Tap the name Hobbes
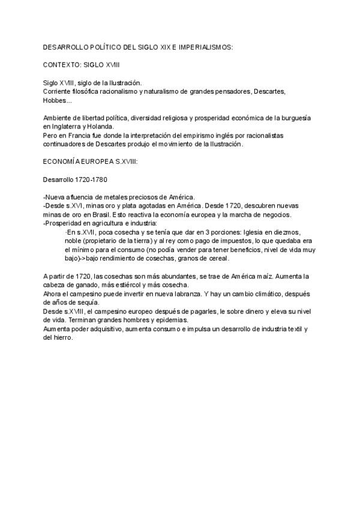[x=55, y=100]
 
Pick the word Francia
[x=79, y=136]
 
